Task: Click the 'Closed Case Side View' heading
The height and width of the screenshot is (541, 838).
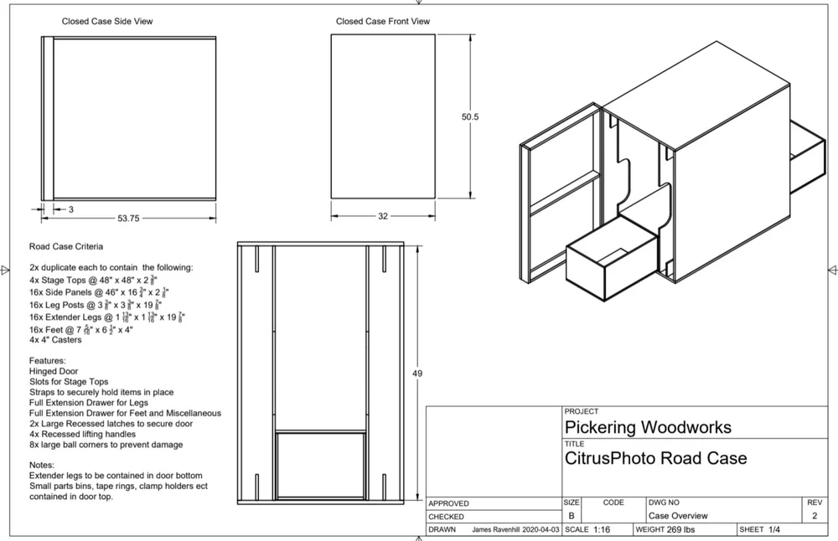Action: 107,21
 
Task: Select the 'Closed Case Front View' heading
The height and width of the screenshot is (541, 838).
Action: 383,21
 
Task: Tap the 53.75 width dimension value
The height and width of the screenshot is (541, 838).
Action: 128,218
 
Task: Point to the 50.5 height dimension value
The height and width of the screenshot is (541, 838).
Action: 470,117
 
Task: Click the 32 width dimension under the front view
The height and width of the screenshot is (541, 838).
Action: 383,216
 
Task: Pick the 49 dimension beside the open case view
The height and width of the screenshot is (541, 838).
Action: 417,374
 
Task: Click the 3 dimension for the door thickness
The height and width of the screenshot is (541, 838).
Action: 71,209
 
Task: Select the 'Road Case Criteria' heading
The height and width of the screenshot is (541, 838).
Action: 66,247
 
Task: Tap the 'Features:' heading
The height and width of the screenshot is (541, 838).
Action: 49,361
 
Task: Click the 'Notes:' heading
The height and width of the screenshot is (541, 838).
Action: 42,465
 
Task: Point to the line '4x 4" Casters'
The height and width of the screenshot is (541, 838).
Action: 55,341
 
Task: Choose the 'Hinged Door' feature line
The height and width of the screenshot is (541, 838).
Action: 54,371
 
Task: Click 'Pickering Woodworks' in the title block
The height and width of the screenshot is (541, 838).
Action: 648,427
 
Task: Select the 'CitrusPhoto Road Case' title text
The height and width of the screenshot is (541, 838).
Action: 656,458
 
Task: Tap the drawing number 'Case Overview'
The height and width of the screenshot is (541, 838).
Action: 678,516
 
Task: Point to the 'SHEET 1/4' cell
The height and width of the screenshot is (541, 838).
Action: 760,530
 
